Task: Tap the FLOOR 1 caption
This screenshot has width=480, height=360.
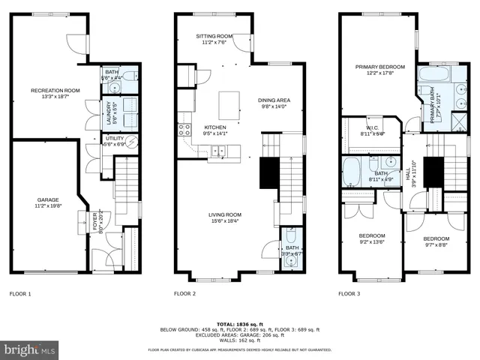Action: (20, 294)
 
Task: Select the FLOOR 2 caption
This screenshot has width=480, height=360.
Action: (184, 294)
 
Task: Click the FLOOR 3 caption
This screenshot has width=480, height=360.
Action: (349, 294)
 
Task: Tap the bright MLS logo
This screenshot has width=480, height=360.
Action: (30, 349)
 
